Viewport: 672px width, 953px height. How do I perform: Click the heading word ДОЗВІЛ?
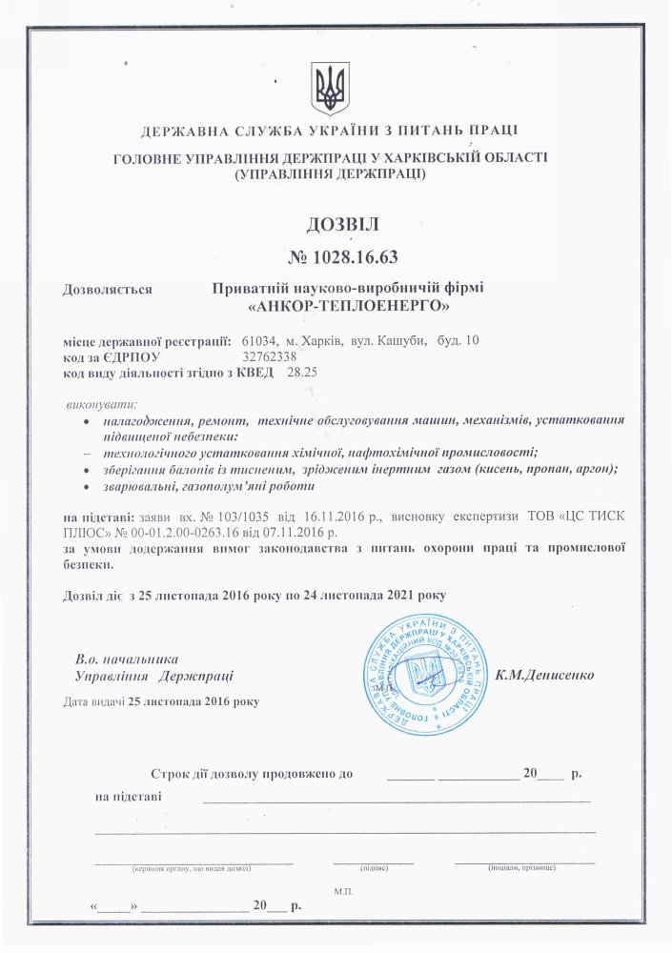342,225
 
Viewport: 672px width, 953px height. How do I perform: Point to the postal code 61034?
259,340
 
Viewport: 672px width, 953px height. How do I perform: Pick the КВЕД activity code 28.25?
302,373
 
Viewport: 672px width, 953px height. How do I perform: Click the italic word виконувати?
102,404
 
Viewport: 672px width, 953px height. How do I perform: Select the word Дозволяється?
107,287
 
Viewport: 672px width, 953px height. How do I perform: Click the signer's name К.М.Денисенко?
544,674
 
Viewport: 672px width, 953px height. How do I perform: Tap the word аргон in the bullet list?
594,469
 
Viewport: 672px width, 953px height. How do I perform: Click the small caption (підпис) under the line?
373,868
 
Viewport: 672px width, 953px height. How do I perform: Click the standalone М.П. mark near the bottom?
343,889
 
